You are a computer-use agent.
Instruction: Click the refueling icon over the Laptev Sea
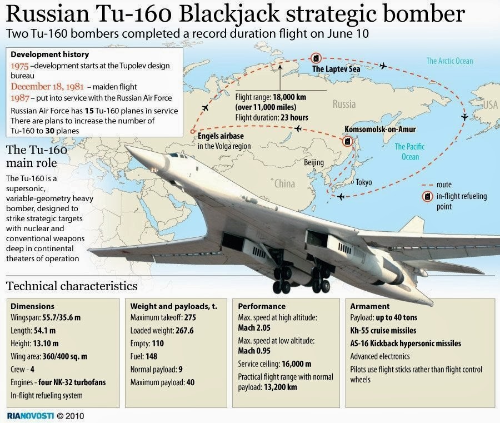(316, 58)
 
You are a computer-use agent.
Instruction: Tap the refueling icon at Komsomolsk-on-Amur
(347, 141)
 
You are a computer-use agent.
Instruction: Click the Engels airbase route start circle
(192, 131)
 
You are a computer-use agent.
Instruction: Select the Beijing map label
(314, 162)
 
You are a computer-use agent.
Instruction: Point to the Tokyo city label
(363, 182)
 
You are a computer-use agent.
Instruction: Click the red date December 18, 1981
(47, 87)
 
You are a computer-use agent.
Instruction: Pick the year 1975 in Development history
(19, 66)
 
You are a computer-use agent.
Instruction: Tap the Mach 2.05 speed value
(254, 328)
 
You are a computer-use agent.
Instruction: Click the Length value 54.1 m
(44, 331)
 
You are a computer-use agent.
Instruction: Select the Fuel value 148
(151, 356)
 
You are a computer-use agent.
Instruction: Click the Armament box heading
(370, 306)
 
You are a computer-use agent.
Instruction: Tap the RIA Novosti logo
(31, 416)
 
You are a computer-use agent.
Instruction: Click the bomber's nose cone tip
(126, 147)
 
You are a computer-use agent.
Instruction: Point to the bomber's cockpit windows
(178, 156)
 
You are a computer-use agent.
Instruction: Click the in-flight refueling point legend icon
(427, 196)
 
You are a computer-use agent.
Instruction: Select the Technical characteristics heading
(72, 286)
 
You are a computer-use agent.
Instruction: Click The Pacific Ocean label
(410, 152)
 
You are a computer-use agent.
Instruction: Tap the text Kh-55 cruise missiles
(383, 331)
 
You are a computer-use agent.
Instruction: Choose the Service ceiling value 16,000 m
(297, 364)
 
